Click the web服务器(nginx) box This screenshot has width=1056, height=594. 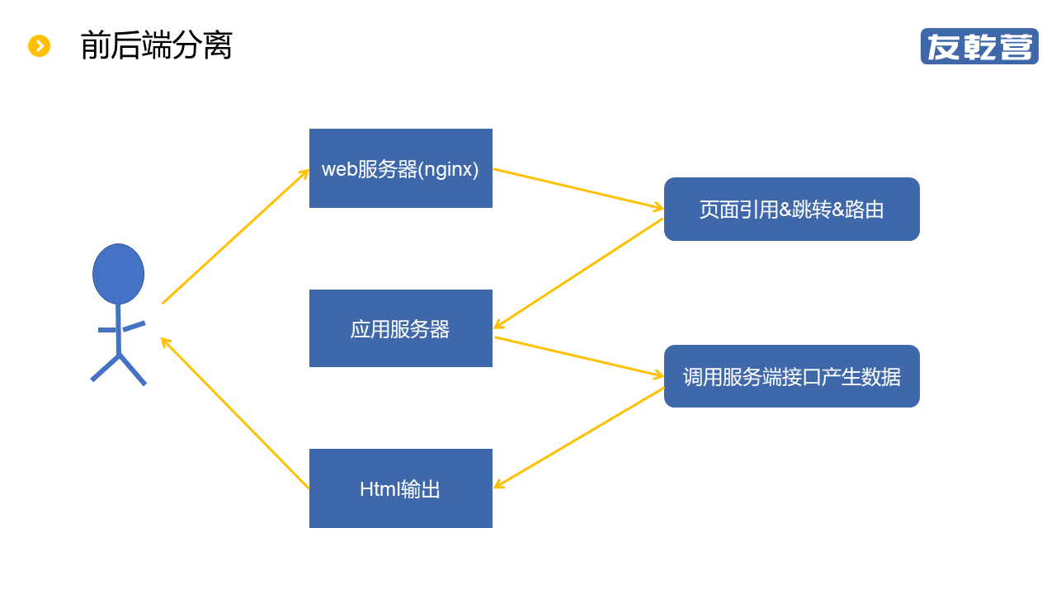pyautogui.click(x=401, y=168)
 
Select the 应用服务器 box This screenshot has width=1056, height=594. pyautogui.click(x=401, y=328)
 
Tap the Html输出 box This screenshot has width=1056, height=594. pyautogui.click(x=401, y=488)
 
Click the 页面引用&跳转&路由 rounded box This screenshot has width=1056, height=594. pyautogui.click(x=791, y=210)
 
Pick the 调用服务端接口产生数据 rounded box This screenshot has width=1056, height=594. pyautogui.click(x=791, y=376)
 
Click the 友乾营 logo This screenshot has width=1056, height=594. pyautogui.click(x=979, y=46)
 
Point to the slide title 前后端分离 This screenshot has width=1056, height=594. pyautogui.click(x=157, y=45)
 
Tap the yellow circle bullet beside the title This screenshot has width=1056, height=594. pyautogui.click(x=39, y=46)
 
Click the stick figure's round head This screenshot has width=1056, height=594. pyautogui.click(x=118, y=274)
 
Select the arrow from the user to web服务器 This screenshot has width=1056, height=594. pyautogui.click(x=235, y=237)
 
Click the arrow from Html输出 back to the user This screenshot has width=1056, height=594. pyautogui.click(x=235, y=413)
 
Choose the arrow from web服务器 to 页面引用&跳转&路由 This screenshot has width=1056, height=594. pyautogui.click(x=577, y=189)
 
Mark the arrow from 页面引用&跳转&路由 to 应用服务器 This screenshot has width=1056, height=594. pyautogui.click(x=577, y=274)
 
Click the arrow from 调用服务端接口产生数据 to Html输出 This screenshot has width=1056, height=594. pyautogui.click(x=577, y=438)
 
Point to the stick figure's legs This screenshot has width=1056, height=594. pyautogui.click(x=119, y=368)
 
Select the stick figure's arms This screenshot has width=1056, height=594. pyautogui.click(x=121, y=328)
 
